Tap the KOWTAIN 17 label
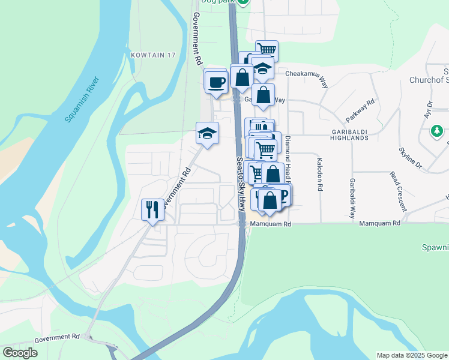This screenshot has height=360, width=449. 152,55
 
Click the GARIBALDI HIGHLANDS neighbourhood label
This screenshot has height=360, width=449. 345,134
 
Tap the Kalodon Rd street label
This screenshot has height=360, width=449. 320,175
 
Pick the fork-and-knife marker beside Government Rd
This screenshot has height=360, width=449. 151,209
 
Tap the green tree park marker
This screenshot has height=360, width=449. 437,130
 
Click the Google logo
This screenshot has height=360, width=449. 20,352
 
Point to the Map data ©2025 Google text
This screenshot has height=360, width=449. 411,355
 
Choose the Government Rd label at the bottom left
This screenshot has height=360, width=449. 57,338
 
